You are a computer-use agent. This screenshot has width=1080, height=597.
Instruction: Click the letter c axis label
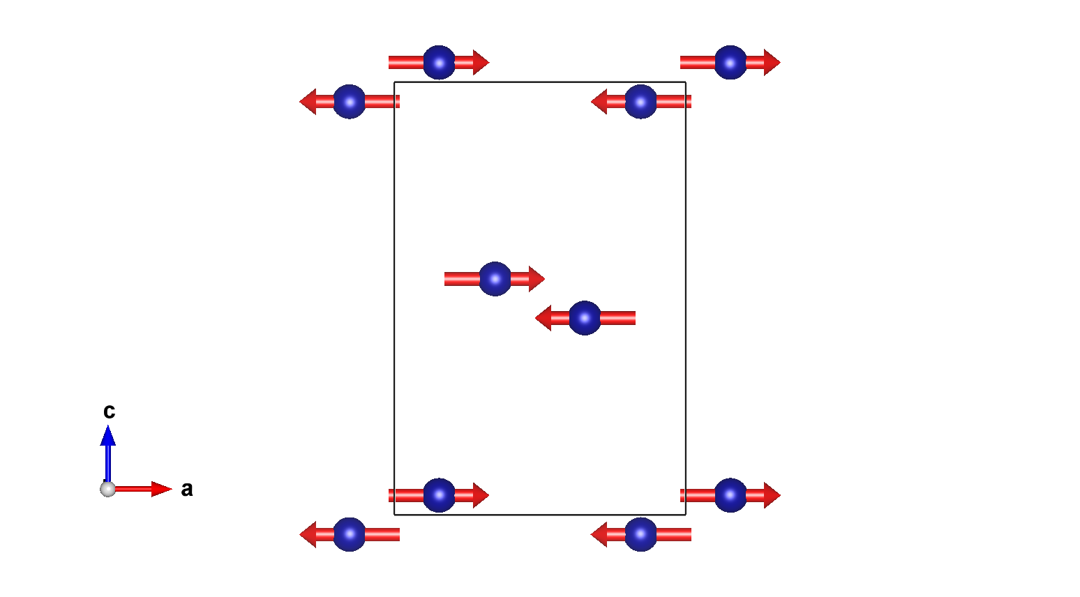pos(109,411)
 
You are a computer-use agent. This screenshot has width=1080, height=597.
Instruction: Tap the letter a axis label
pos(186,489)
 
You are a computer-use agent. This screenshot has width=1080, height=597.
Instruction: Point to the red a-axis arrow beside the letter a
pos(147,489)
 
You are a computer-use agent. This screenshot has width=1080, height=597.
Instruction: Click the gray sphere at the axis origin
pos(107,489)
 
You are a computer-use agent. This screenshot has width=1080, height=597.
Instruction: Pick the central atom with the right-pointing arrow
pos(495,279)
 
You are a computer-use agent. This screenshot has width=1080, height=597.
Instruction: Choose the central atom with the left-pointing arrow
pos(585,318)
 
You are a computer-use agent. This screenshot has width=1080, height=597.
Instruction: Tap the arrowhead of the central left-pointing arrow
pos(543,318)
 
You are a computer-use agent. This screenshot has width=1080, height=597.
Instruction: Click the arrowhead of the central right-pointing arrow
pos(537,279)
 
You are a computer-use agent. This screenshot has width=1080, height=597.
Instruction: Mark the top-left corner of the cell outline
pos(395,82)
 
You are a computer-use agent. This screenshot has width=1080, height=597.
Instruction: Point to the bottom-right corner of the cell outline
pos(686,515)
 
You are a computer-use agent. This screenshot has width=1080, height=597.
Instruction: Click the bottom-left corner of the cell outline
pos(395,515)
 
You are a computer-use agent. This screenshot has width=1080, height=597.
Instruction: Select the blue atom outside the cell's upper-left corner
pos(350,102)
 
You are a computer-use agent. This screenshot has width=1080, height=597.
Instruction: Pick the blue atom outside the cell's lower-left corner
pos(350,534)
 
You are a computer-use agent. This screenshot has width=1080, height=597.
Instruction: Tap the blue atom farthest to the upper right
pos(730,63)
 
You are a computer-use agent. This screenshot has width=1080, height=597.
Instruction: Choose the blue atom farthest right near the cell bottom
pos(730,495)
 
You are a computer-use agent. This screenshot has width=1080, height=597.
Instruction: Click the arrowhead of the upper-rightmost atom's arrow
pos(772,63)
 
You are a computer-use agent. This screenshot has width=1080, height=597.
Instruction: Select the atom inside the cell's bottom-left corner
pos(439,495)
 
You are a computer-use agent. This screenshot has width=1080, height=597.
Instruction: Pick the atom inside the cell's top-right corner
pos(640,102)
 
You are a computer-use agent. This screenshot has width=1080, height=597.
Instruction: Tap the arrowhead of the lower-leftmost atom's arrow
pos(308,534)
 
